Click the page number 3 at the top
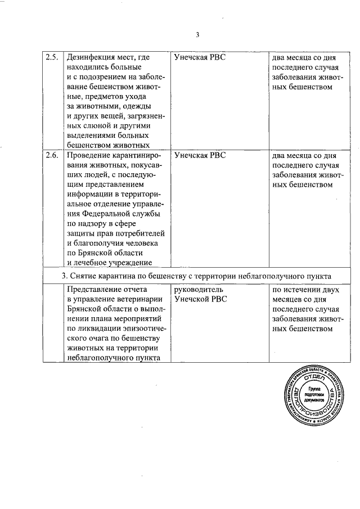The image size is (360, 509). tap(198, 36)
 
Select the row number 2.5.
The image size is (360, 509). tap(52, 57)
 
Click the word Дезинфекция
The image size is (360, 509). tap(89, 57)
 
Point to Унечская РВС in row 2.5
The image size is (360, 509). tap(200, 57)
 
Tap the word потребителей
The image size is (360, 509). tap(139, 233)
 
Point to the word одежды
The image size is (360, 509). tap(138, 106)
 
